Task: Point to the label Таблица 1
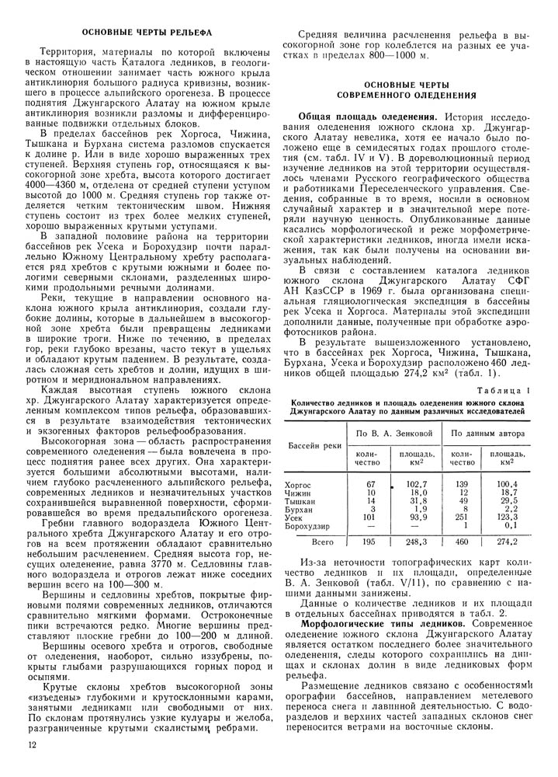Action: (504, 391)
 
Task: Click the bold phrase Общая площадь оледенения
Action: (366, 116)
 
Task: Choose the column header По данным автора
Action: (489, 431)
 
